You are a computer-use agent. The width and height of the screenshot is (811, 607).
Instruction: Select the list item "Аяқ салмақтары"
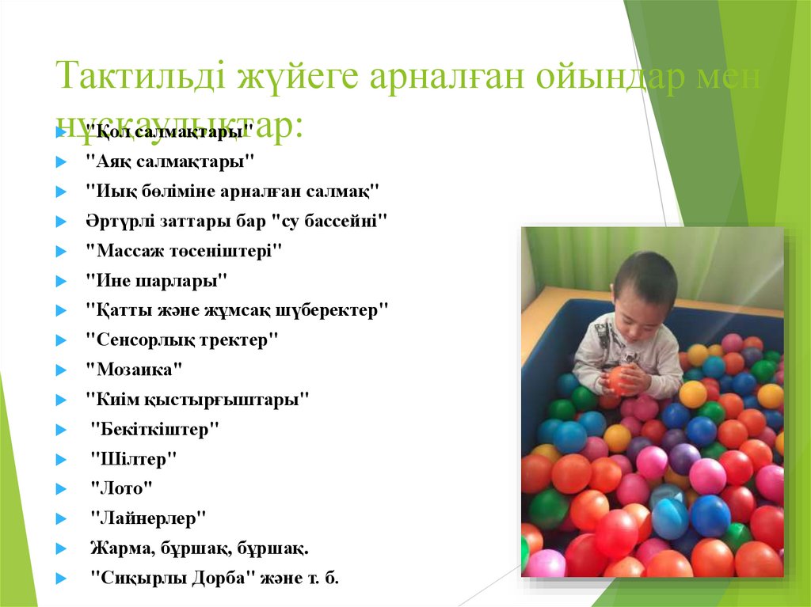click(170, 161)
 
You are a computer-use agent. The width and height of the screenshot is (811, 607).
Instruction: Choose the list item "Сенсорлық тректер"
click(182, 340)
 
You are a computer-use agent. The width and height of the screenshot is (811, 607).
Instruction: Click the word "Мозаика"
click(134, 369)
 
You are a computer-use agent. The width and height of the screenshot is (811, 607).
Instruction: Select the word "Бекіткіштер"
click(154, 429)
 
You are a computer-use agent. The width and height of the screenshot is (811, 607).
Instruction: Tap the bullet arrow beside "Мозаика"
click(60, 370)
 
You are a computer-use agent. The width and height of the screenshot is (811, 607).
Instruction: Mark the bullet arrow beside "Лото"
click(60, 489)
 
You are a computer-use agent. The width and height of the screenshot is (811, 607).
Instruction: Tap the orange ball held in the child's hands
click(621, 379)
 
